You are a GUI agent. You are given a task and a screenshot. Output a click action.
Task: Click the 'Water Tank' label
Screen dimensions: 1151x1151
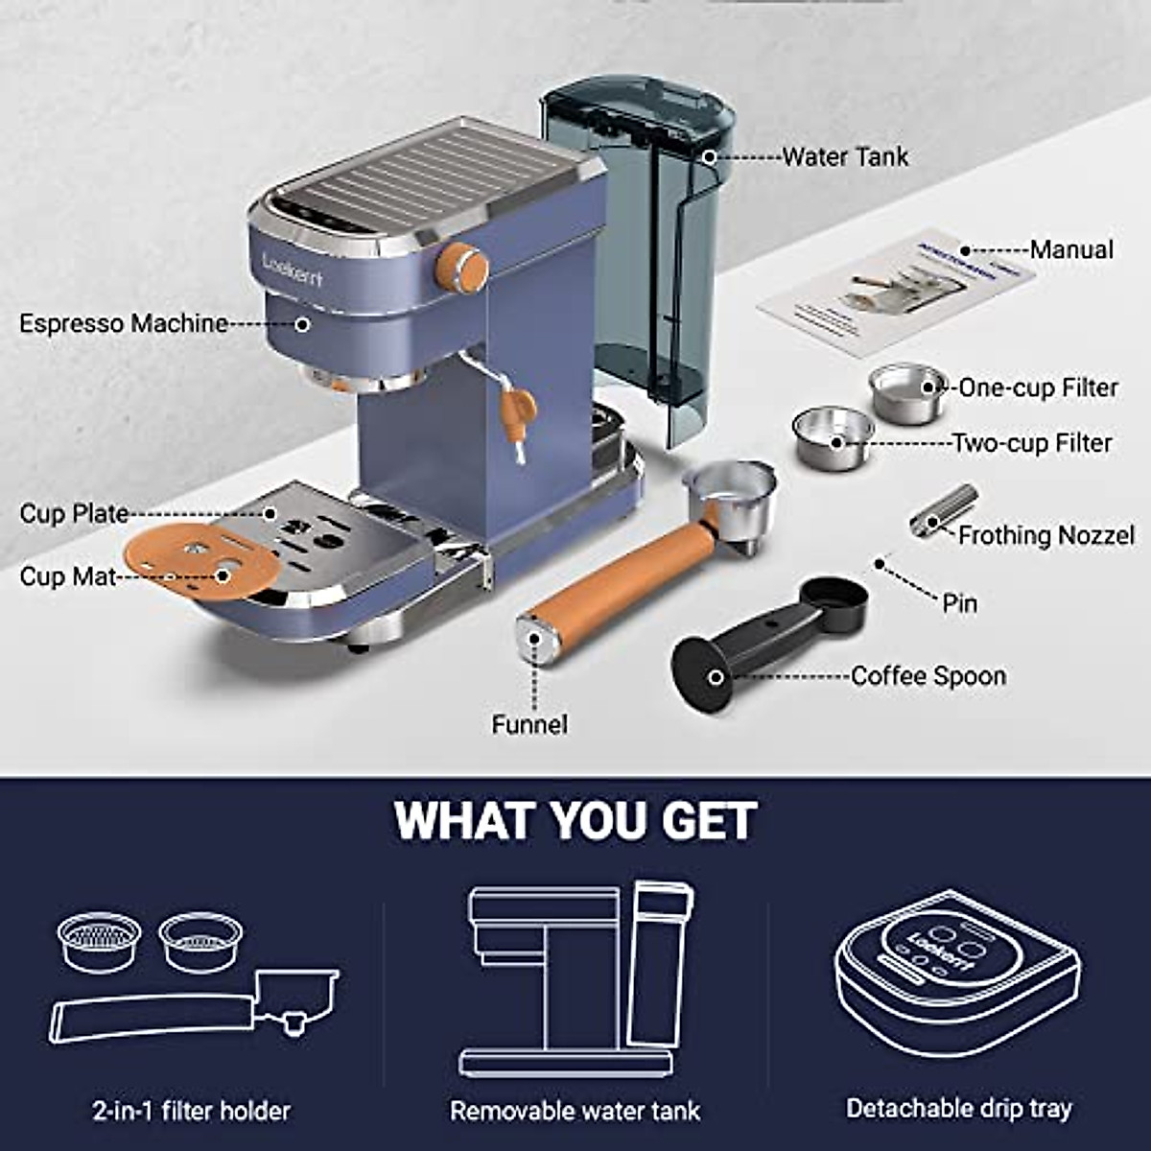click(x=844, y=156)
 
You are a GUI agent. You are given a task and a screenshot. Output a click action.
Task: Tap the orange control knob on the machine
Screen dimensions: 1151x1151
click(x=462, y=267)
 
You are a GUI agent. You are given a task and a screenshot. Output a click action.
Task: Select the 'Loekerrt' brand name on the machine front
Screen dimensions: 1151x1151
click(x=293, y=270)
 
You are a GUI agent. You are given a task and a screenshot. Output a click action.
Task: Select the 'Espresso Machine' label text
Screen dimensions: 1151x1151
click(x=124, y=323)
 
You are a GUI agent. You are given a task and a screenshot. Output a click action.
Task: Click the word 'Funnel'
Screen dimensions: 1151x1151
click(x=529, y=724)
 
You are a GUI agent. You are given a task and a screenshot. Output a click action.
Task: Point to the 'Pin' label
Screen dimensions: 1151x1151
click(x=959, y=603)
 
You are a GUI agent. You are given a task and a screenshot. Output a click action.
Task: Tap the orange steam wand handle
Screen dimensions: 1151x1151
click(x=521, y=409)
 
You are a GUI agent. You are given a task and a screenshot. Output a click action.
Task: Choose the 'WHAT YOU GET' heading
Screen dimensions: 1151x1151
click(x=575, y=821)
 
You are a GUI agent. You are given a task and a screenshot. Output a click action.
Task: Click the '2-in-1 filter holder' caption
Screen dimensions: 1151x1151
click(x=191, y=1111)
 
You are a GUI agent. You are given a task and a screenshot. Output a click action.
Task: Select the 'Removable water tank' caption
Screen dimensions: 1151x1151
click(x=575, y=1111)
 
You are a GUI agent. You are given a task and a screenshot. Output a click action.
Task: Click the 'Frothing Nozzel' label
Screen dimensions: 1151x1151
click(x=1045, y=535)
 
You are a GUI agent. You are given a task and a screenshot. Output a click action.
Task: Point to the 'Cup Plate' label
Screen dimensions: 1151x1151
click(x=74, y=513)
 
